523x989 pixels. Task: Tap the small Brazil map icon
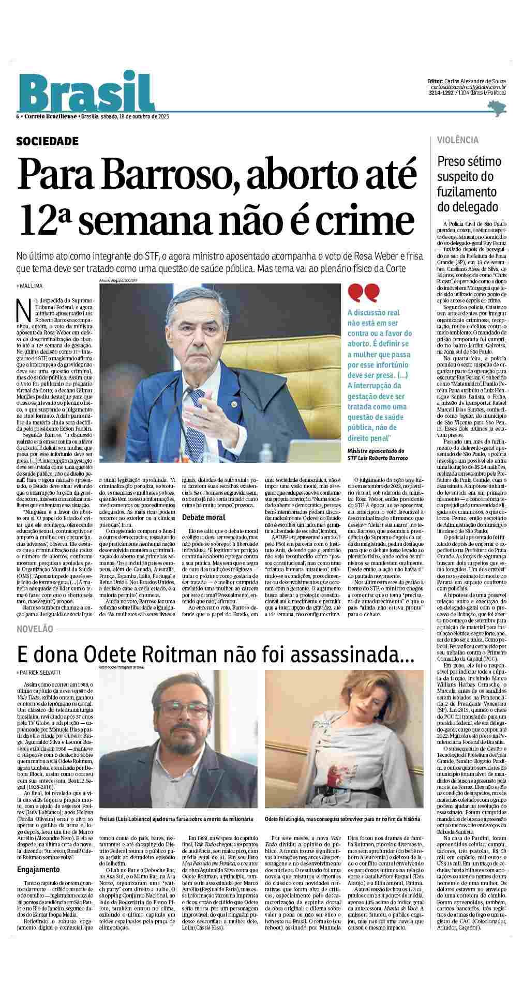point(497,107)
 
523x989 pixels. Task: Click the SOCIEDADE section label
point(48,141)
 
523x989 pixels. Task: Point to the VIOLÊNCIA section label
point(458,140)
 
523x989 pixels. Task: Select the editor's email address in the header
point(468,87)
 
